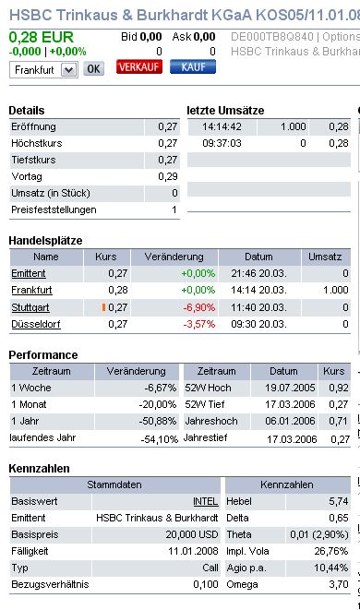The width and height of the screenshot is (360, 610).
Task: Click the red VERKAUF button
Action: (x=138, y=68)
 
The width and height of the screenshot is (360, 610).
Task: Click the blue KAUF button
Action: (x=193, y=68)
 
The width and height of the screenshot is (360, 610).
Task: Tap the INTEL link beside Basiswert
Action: (x=206, y=500)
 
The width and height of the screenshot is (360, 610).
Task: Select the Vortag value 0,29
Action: (x=167, y=175)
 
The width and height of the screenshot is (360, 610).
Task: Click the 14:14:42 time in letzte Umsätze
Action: (x=221, y=126)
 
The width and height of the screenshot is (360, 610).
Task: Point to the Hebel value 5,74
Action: (x=339, y=500)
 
